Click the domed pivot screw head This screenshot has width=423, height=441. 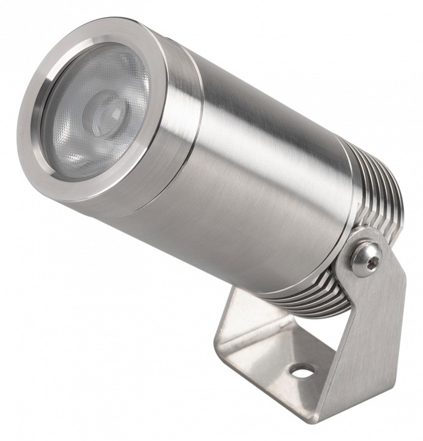pyautogui.click(x=366, y=257)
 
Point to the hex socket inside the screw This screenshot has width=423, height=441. pyautogui.click(x=369, y=259)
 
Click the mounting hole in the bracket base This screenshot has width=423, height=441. pyautogui.click(x=301, y=371)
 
